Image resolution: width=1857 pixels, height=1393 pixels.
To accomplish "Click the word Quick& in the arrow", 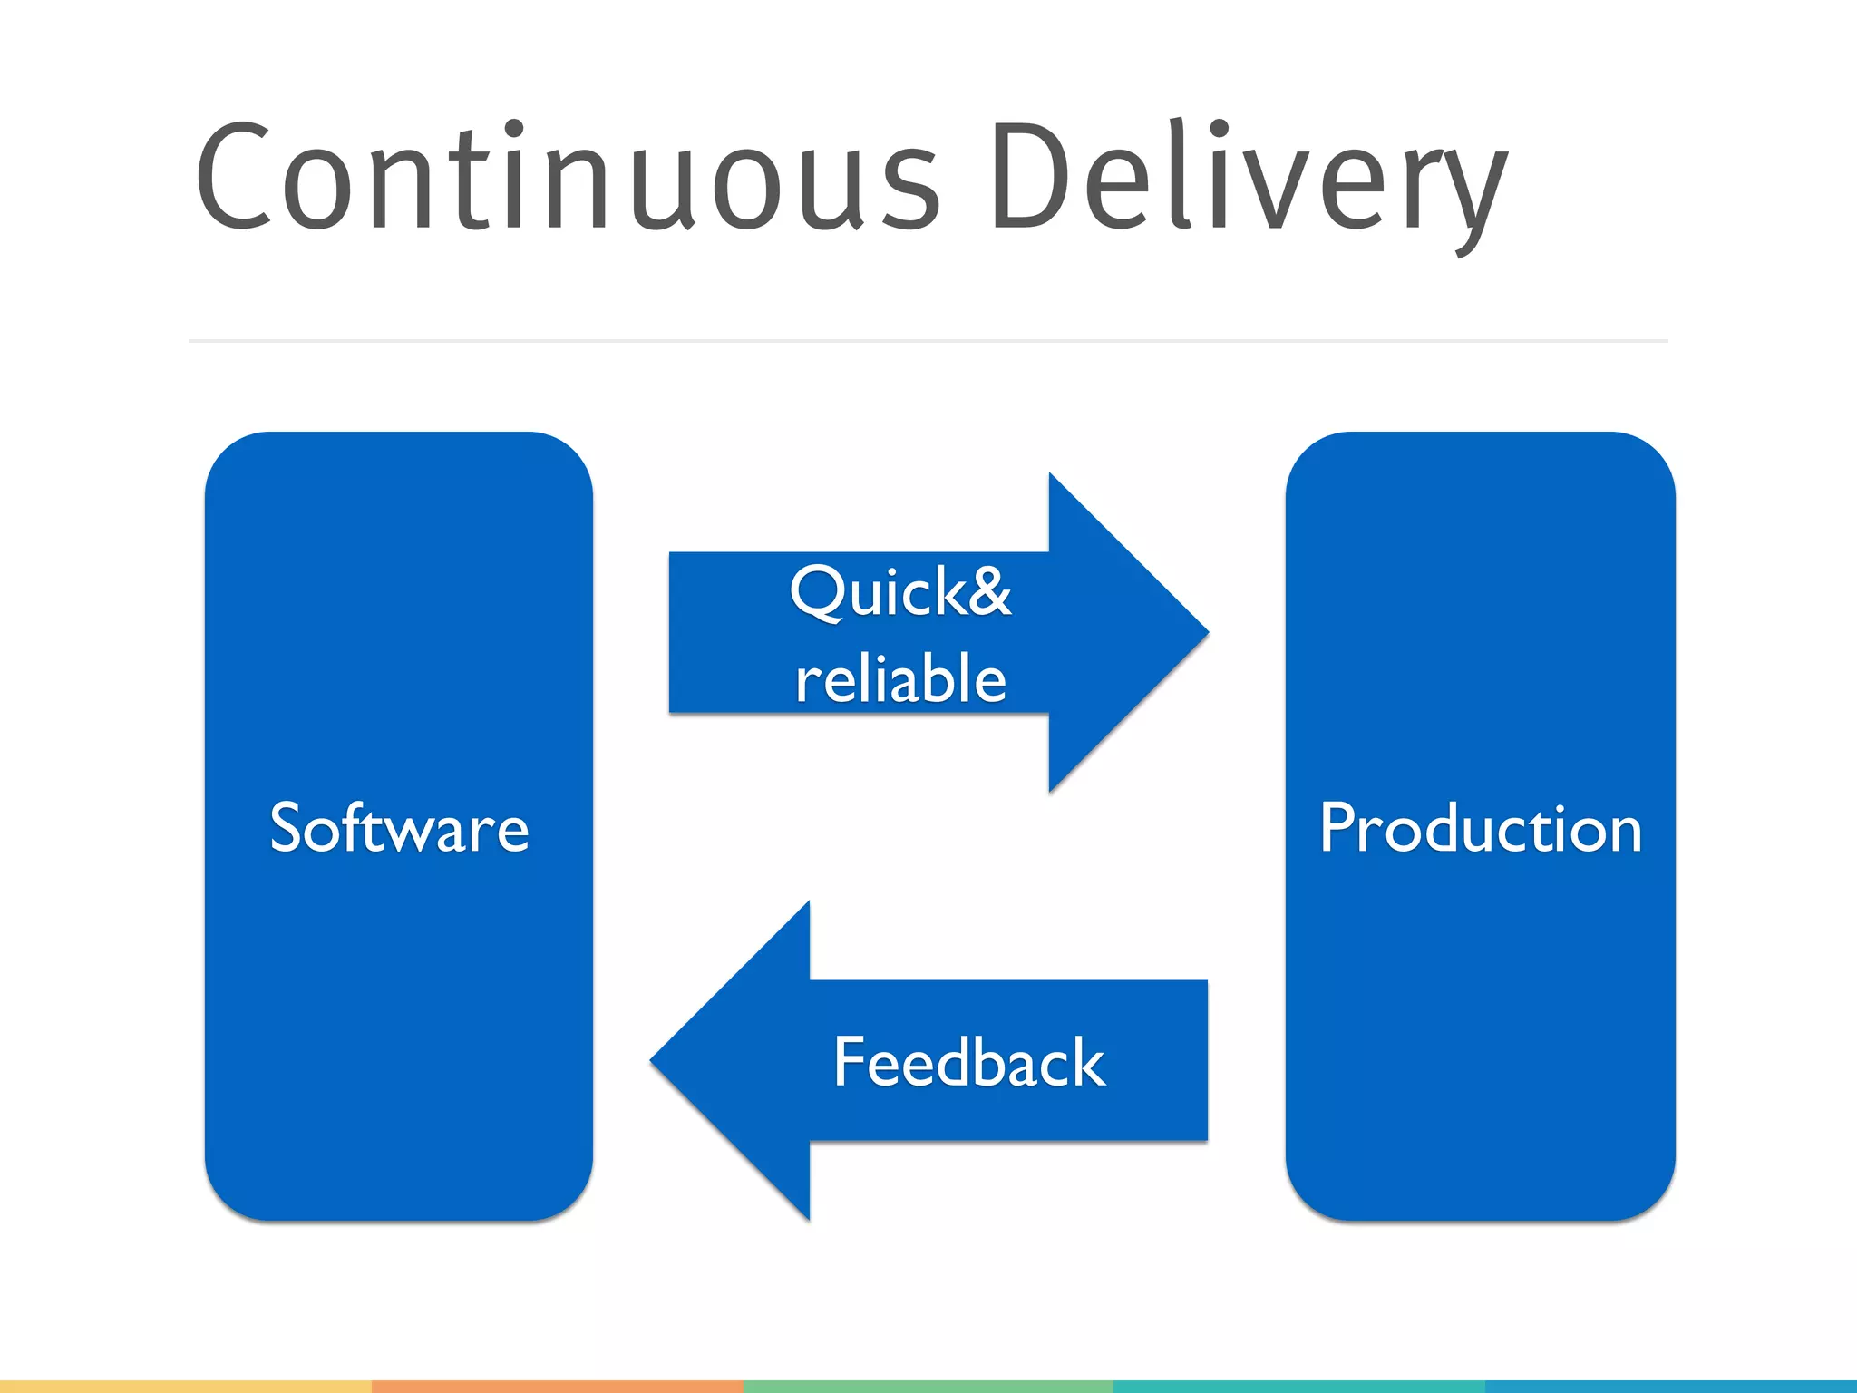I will click(899, 592).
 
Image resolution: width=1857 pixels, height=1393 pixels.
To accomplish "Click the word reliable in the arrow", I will click(899, 678).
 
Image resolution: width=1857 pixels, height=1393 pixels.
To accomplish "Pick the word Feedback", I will click(968, 1062).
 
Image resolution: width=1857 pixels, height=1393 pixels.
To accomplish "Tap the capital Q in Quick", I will click(818, 592).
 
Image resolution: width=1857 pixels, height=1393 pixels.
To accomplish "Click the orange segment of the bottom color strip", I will click(557, 1387).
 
